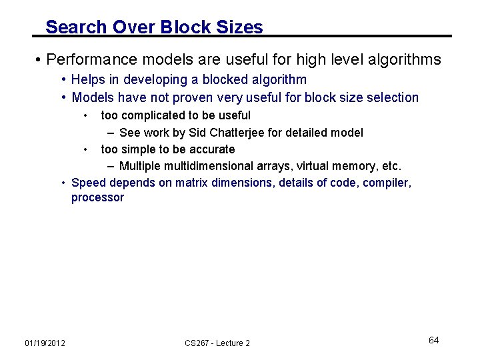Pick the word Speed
[88, 182]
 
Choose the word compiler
[387, 182]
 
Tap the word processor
[97, 198]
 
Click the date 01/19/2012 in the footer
[45, 343]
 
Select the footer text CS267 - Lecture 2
[217, 343]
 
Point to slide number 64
[433, 341]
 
